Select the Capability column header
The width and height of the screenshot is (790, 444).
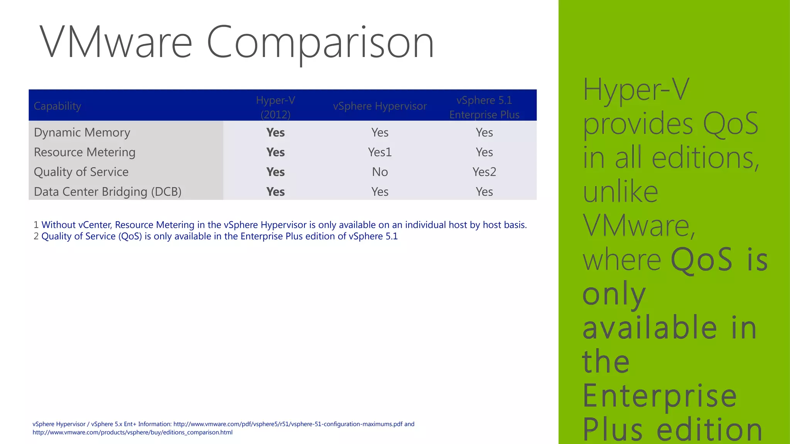pos(57,106)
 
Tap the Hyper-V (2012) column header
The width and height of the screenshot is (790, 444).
pos(275,107)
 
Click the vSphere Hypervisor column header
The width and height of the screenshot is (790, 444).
pos(380,106)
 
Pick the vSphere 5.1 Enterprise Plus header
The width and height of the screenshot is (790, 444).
pos(484,107)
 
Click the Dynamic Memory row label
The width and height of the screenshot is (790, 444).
pos(82,132)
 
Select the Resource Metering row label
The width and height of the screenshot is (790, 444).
pos(84,152)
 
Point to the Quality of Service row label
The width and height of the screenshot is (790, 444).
pos(81,172)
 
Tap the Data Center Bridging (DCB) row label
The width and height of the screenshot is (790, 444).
pos(108,192)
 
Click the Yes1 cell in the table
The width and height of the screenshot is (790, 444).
pos(380,152)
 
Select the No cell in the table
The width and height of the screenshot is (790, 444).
pos(380,172)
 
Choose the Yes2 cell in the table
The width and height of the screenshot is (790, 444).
pos(484,172)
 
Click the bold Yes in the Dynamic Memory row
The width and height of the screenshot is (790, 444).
pos(275,132)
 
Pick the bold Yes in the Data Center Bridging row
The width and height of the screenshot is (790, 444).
pos(275,192)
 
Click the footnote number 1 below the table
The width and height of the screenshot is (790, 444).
pos(36,225)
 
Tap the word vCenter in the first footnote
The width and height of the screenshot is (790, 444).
pos(95,225)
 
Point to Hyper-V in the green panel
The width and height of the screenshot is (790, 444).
pos(635,89)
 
